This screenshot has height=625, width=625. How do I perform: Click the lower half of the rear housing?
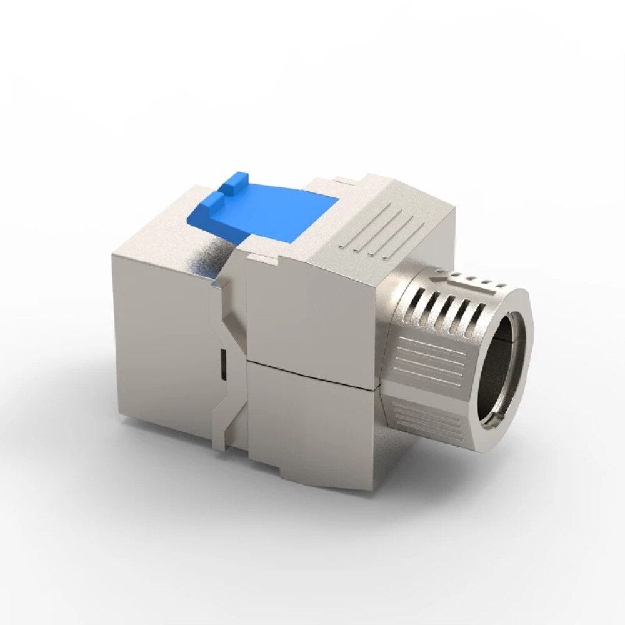[312, 431]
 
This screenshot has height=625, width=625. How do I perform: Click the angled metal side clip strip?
[225, 387]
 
